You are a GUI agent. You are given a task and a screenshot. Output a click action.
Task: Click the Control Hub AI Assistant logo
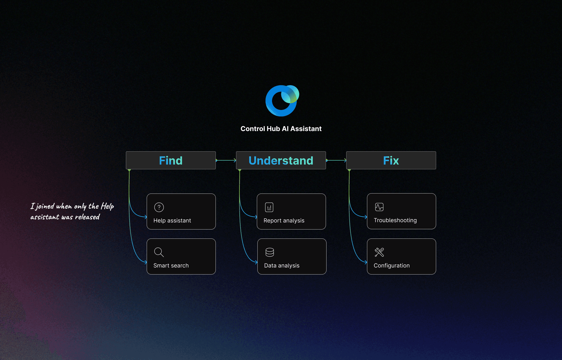click(282, 101)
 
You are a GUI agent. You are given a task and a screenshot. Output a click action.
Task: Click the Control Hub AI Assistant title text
click(281, 129)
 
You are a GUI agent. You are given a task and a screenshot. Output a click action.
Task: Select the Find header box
click(171, 160)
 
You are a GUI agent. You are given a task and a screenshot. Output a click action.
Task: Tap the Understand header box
click(281, 160)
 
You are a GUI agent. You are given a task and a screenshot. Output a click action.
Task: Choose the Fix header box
click(391, 160)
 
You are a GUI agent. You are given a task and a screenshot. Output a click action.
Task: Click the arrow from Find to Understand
click(226, 160)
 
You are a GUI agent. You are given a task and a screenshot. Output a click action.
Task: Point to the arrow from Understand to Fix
click(336, 160)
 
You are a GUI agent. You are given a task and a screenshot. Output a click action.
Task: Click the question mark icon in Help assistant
click(159, 207)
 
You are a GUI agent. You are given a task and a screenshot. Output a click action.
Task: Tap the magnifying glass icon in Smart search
click(159, 252)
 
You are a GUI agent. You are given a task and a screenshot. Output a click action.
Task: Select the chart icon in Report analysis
click(269, 207)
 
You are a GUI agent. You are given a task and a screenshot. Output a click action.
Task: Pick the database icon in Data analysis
click(270, 252)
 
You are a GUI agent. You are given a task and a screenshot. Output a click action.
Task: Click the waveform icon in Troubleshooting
click(379, 207)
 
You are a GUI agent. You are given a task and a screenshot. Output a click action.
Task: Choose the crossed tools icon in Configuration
click(379, 252)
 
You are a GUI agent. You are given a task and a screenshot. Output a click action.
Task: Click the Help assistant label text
click(172, 220)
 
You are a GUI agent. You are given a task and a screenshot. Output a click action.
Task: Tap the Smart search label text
click(171, 265)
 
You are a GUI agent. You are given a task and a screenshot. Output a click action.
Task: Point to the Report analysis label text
click(284, 220)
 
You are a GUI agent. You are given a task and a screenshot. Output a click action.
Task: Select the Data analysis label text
click(282, 265)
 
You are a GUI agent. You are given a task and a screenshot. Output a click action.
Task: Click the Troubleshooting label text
click(395, 220)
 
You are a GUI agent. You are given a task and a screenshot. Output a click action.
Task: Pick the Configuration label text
click(392, 265)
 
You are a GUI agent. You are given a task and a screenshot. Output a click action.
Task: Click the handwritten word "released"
click(87, 217)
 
